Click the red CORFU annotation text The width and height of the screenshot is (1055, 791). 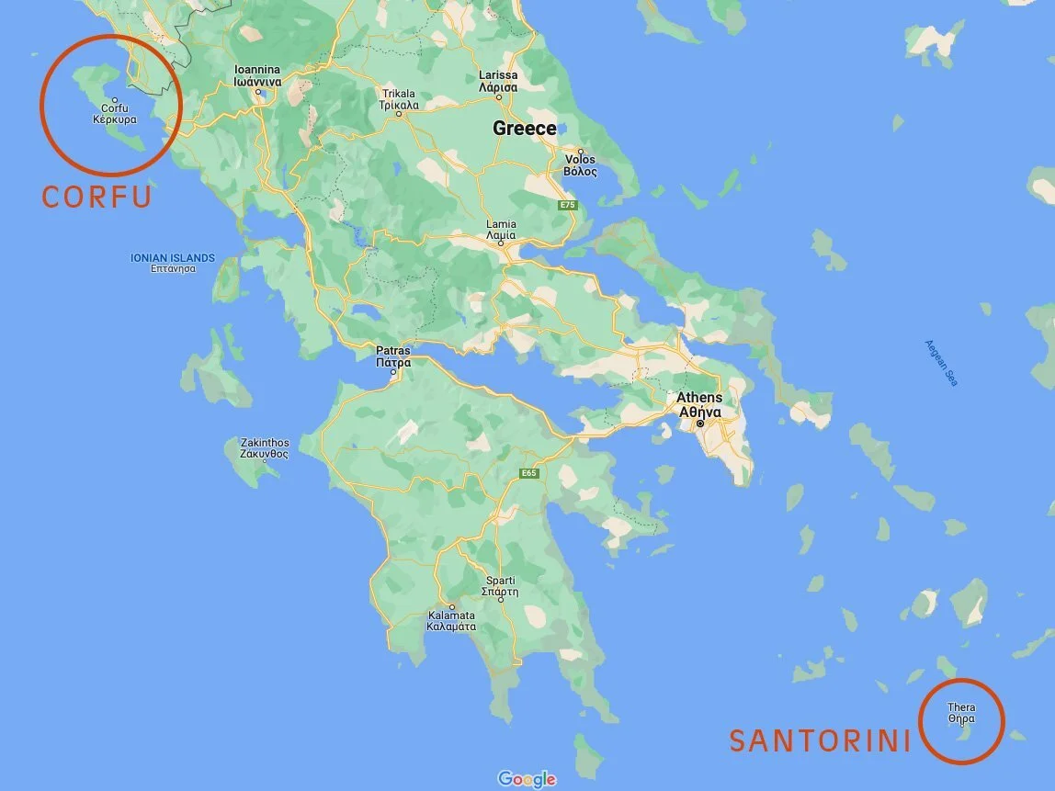coord(96,197)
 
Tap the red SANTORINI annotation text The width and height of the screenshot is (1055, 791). coord(820,740)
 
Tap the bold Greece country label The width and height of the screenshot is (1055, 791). coord(525,129)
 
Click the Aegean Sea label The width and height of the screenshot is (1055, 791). coord(941,363)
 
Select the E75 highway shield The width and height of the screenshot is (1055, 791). coord(567,205)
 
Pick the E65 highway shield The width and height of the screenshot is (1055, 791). coord(527,473)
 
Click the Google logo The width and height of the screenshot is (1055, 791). coord(527,779)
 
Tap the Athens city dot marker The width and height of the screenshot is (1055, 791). coord(699,424)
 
